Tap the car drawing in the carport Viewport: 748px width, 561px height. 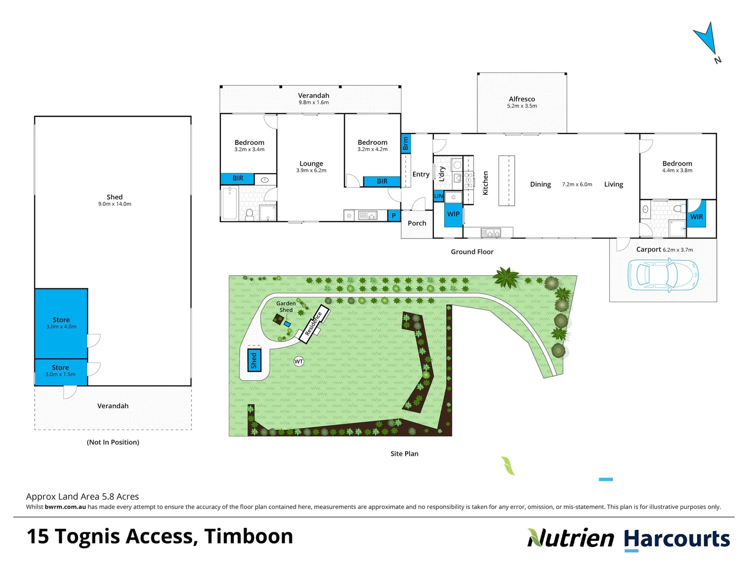coord(663,275)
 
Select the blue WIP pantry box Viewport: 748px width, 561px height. coord(453,215)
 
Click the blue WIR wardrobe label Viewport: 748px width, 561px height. coord(697,217)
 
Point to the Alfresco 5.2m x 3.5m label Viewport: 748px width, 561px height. coord(522,102)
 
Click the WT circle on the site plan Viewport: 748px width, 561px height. coord(299,362)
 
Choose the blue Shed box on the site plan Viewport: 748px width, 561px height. coord(254,360)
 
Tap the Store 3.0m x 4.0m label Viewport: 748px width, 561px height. coord(61,323)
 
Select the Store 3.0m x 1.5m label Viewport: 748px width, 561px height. coord(60,370)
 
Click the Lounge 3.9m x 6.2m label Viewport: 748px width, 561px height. coord(311,166)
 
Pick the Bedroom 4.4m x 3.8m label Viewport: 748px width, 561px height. coord(677,166)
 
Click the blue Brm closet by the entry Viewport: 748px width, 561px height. coord(406,143)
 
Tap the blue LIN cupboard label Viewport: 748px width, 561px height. coord(438,196)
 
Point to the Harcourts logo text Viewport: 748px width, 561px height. coord(676,539)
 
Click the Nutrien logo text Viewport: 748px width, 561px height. coord(570,539)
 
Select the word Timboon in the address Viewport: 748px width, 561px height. coord(248,537)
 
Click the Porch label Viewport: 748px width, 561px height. coord(417,223)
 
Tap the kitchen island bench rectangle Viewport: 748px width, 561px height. coord(506,180)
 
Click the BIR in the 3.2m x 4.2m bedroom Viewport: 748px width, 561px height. coord(382,181)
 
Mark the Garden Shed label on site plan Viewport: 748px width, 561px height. coord(286,306)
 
